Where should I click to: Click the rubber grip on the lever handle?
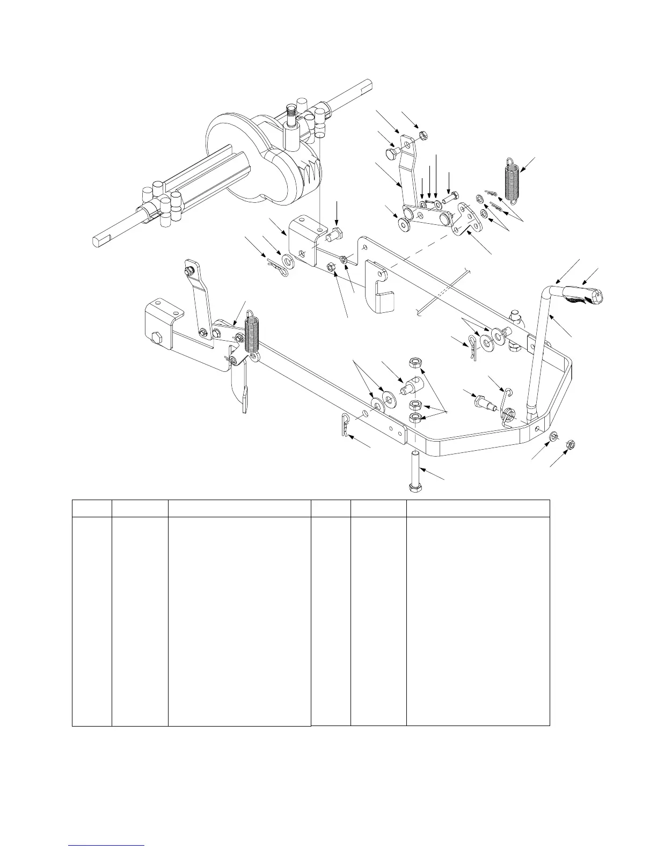(x=582, y=297)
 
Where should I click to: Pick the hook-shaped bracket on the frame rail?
(x=381, y=290)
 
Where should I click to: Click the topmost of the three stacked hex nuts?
(x=415, y=363)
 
